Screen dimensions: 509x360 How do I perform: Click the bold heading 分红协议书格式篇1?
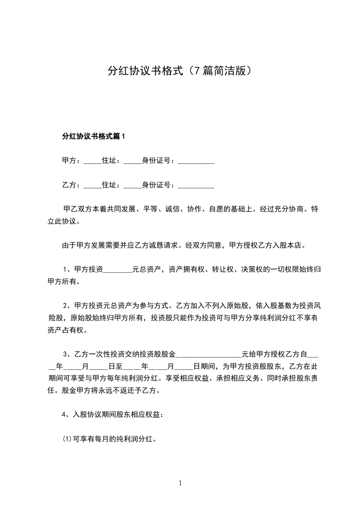point(93,136)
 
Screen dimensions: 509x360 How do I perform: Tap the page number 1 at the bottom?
point(180,483)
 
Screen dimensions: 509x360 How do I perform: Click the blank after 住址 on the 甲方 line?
point(133,162)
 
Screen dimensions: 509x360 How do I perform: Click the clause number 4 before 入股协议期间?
point(64,415)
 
